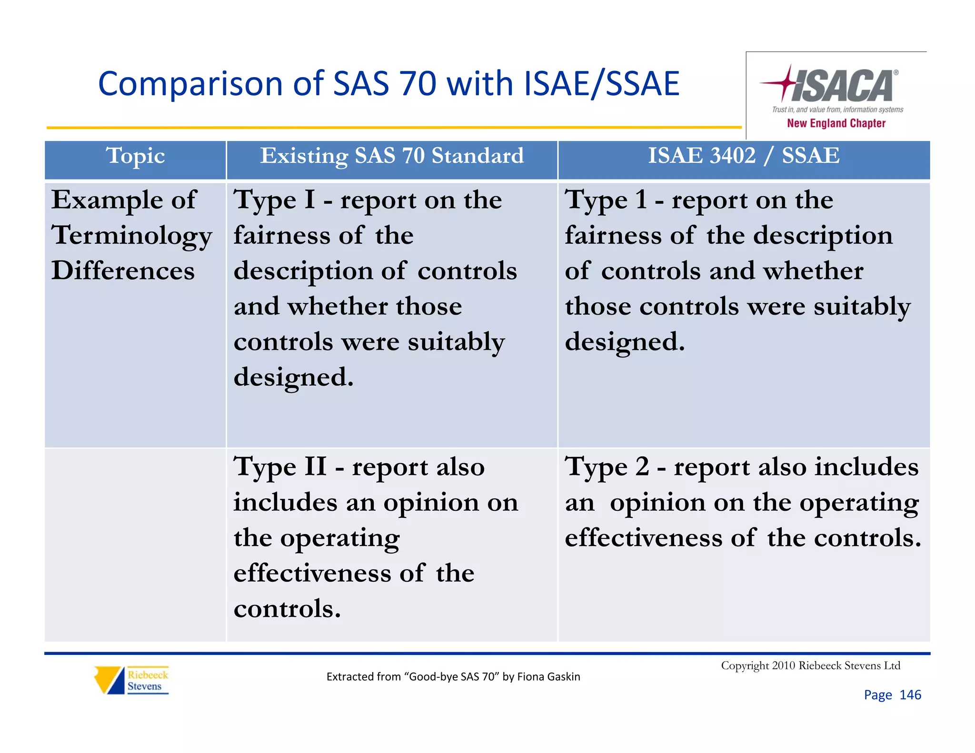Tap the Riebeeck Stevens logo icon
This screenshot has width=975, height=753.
coord(109,680)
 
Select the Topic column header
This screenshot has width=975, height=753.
coord(136,156)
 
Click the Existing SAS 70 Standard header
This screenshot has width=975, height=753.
coord(391,156)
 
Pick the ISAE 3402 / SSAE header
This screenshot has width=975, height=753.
coord(744,156)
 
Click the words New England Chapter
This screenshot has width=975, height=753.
coord(836,123)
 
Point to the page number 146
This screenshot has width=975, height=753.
coord(910,695)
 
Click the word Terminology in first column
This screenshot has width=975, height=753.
coord(131,236)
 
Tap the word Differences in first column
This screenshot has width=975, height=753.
coord(123,271)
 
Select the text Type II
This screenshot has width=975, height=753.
coord(280,467)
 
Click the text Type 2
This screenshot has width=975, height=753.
coord(607,467)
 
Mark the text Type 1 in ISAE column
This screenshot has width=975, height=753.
coord(606,200)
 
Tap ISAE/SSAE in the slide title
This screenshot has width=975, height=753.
coord(601,84)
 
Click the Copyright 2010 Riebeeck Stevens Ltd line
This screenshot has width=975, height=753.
coord(810,665)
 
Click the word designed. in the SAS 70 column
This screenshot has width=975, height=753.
coord(293,377)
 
